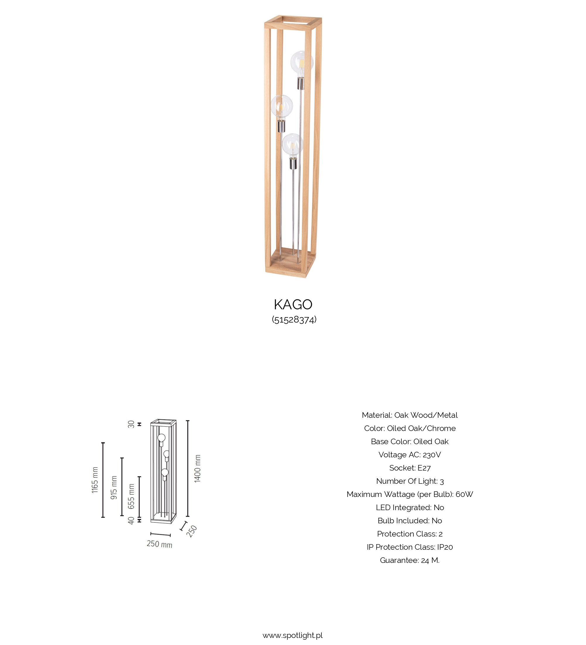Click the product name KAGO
click(293, 304)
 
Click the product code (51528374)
click(294, 319)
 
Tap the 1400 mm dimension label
click(197, 469)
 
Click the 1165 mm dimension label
click(95, 480)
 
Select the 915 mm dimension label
click(114, 488)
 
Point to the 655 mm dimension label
click(131, 496)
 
